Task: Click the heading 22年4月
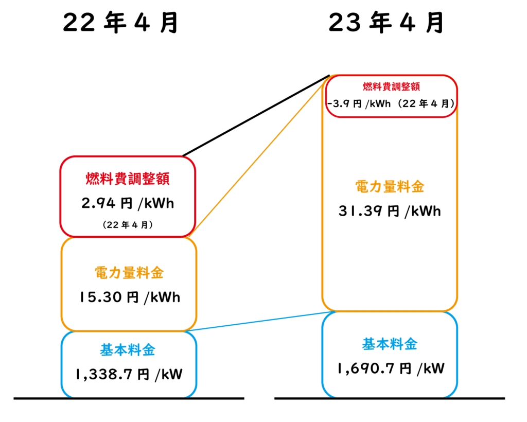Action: point(120,24)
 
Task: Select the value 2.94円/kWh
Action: point(128,204)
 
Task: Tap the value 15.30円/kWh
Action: point(131,297)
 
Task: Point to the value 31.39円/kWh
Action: point(390,212)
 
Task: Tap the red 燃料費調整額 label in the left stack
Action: point(128,180)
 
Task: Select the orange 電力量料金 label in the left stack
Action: point(130,273)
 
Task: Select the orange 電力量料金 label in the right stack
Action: point(390,187)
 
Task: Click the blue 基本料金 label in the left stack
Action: point(127,351)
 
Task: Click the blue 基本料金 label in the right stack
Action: point(390,344)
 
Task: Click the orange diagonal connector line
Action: point(262,154)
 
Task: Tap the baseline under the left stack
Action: point(129,398)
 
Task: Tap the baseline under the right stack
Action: point(390,398)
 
